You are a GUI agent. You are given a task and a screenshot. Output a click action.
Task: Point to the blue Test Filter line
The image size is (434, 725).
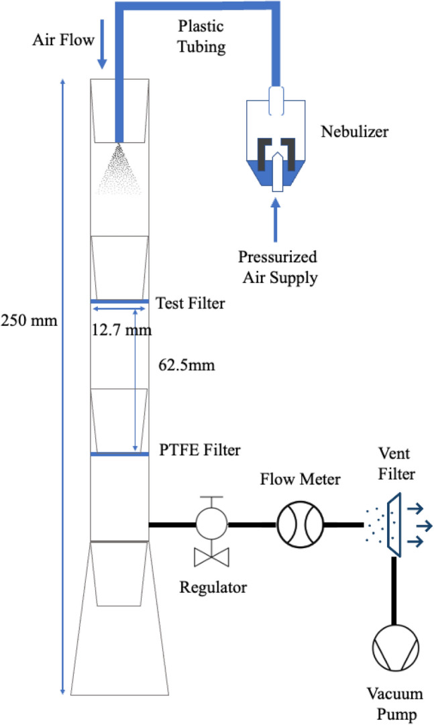pyautogui.click(x=119, y=300)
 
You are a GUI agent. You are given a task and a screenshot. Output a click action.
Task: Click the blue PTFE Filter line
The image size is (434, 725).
pyautogui.click(x=119, y=455)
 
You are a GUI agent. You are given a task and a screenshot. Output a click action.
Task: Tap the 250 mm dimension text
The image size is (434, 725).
pyautogui.click(x=30, y=320)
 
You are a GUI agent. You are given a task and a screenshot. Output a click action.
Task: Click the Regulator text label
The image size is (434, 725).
pyautogui.click(x=213, y=588)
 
